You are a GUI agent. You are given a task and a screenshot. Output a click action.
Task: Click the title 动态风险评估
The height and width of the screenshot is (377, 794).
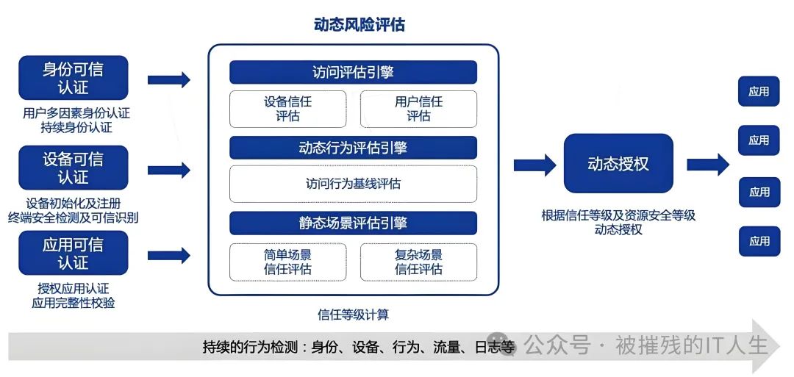[359, 25]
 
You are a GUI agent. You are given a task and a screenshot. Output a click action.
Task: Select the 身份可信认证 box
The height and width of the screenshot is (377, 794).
[73, 78]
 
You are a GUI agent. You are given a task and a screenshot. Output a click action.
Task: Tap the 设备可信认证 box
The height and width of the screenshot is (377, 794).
[73, 168]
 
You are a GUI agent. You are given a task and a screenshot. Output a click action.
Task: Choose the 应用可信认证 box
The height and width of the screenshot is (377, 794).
[73, 253]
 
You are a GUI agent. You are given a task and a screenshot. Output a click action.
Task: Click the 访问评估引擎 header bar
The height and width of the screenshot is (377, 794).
[353, 72]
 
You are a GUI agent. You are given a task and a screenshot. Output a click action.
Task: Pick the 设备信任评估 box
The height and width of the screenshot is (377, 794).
[287, 109]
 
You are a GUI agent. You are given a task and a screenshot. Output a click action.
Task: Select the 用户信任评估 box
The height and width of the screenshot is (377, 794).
[418, 109]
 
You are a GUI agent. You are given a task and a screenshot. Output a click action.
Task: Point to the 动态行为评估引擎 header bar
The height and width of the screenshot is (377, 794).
[353, 148]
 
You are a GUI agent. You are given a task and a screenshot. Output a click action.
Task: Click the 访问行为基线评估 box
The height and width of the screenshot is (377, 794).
[353, 184]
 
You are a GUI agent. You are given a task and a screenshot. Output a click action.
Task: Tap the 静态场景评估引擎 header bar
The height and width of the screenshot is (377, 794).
[353, 223]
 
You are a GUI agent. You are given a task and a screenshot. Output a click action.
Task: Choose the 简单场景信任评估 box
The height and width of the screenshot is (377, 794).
[287, 262]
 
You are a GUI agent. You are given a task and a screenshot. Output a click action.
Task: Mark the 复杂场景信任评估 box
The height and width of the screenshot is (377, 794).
[418, 262]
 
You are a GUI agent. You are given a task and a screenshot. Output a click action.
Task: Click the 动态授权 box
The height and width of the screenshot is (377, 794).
[618, 163]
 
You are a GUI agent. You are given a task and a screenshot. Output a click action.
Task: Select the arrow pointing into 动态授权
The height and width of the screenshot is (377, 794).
[534, 165]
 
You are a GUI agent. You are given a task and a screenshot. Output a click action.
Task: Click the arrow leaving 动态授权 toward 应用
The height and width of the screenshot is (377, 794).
[707, 165]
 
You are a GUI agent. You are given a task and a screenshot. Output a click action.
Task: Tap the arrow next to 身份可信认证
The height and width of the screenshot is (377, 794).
[168, 79]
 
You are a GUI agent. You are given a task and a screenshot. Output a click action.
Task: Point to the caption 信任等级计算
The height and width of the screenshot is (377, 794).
[353, 315]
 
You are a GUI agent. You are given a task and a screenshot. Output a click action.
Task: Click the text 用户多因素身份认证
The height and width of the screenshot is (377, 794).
[76, 113]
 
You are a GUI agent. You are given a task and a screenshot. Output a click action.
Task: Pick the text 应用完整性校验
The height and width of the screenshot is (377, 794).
[74, 302]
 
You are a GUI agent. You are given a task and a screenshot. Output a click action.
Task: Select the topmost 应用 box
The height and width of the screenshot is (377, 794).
[759, 92]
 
